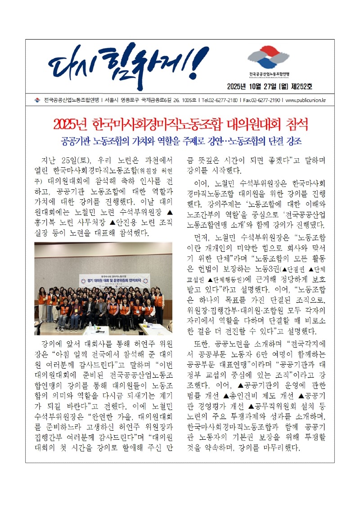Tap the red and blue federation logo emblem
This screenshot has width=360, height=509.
coord(269,58)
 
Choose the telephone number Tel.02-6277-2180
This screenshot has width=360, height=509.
coord(220,100)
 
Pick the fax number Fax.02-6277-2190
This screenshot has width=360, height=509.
coord(261,100)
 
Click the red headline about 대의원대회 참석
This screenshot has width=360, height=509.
coord(180,124)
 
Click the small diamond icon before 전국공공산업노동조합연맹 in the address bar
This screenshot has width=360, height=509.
coord(37,100)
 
